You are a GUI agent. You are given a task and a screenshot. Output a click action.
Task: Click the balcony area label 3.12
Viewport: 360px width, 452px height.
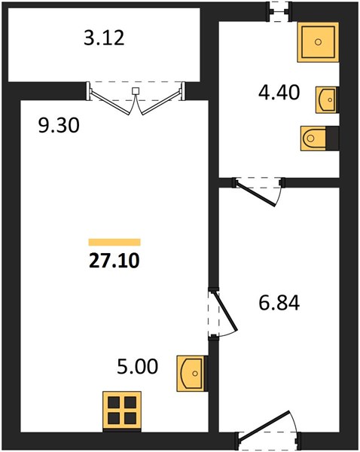coord(104,38)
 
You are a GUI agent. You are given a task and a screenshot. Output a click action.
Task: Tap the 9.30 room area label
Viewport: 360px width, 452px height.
coord(59,126)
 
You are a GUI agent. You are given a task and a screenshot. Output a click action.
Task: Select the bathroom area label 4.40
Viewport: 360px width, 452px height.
coord(279,93)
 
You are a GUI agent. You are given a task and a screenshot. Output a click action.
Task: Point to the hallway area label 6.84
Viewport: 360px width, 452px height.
coord(279,303)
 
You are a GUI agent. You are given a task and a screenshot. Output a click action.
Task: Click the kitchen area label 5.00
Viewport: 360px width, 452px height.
coord(138,366)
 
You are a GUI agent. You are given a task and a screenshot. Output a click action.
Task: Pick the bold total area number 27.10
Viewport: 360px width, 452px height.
coord(114,261)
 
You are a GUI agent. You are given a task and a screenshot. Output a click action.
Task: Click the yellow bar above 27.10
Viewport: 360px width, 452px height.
coord(114,242)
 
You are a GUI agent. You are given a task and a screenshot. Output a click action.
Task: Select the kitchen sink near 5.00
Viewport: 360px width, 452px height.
coord(192,374)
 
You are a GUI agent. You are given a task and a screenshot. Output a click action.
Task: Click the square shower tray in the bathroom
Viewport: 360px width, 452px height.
coord(318,42)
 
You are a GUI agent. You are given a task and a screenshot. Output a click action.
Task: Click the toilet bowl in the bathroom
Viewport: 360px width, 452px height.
coord(313,138)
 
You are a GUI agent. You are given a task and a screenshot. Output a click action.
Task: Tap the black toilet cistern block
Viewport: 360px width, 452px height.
coord(332,138)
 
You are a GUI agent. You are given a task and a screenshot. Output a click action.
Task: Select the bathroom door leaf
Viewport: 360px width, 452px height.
coord(255,194)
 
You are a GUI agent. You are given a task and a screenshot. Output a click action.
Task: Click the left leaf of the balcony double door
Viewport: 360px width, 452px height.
coord(109,102)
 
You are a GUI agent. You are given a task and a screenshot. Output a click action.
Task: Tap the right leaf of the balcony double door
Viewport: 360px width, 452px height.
coord(162,102)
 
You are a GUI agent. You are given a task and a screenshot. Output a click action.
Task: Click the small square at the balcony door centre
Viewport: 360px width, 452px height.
coord(136,91)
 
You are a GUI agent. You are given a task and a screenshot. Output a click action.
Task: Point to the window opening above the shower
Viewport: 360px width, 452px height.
coord(279,11)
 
